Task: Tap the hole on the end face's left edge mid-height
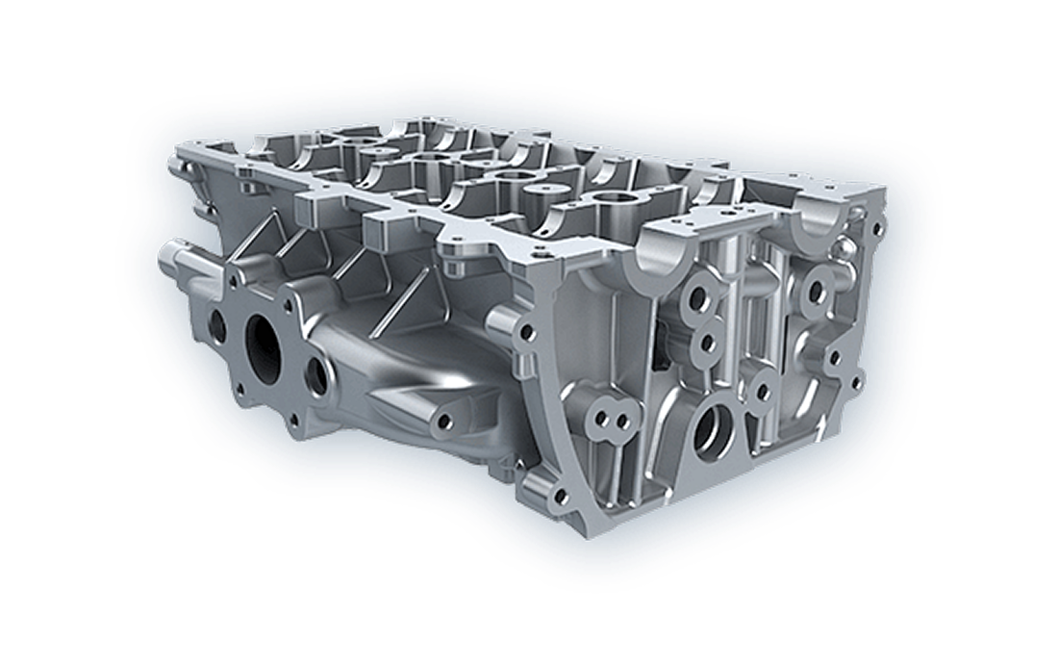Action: [x=525, y=334]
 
